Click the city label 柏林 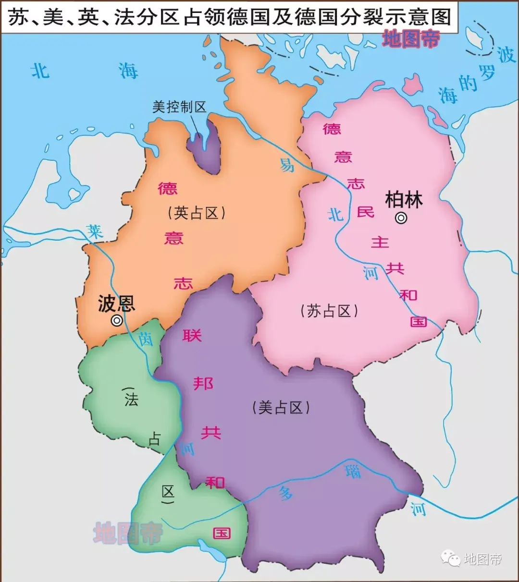[x=404, y=199]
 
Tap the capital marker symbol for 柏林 [x=401, y=218]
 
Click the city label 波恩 [x=116, y=303]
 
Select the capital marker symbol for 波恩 [x=117, y=321]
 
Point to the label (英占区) [x=197, y=213]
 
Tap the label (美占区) [x=281, y=408]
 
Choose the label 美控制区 [x=179, y=107]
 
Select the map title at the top [x=230, y=17]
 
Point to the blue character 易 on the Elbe [x=287, y=165]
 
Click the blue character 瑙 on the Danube [x=353, y=471]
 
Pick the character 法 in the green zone [x=131, y=399]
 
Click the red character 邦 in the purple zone [x=203, y=383]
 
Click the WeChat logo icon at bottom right [x=450, y=558]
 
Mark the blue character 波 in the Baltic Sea [x=506, y=55]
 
